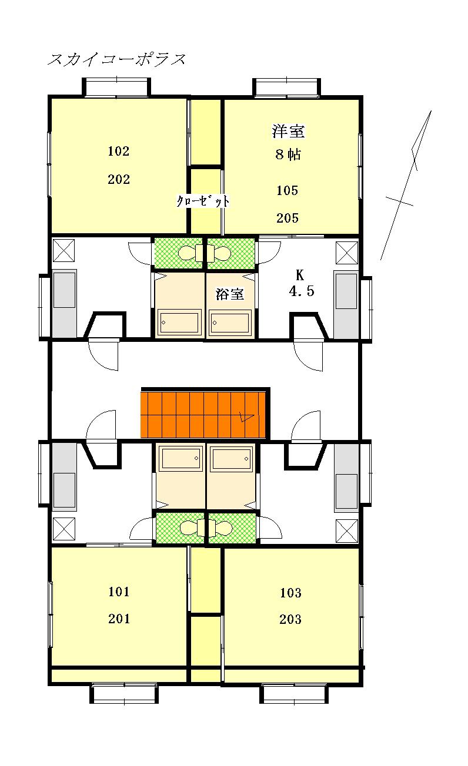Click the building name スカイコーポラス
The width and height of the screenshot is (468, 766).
[x=116, y=59]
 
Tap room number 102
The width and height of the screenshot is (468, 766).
[x=118, y=151]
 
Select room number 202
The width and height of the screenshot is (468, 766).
[x=118, y=179]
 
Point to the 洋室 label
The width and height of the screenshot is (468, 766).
[x=288, y=131]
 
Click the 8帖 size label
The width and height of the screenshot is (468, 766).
[x=288, y=154]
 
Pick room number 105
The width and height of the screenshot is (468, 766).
[x=288, y=190]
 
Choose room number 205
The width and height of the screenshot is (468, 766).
[x=288, y=218]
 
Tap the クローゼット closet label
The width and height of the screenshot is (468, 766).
[x=203, y=201]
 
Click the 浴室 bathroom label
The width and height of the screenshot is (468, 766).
[x=230, y=294]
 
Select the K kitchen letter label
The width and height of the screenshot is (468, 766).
[x=300, y=275]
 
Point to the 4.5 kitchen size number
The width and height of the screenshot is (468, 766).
[x=301, y=291]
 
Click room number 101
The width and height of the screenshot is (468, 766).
[x=119, y=592]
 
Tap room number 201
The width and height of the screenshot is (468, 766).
[x=119, y=619]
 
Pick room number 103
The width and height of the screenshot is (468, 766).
[x=290, y=593]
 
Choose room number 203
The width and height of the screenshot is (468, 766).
[x=290, y=619]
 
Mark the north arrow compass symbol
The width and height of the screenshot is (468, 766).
[x=406, y=185]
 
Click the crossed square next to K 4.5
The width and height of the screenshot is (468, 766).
[x=346, y=253]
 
